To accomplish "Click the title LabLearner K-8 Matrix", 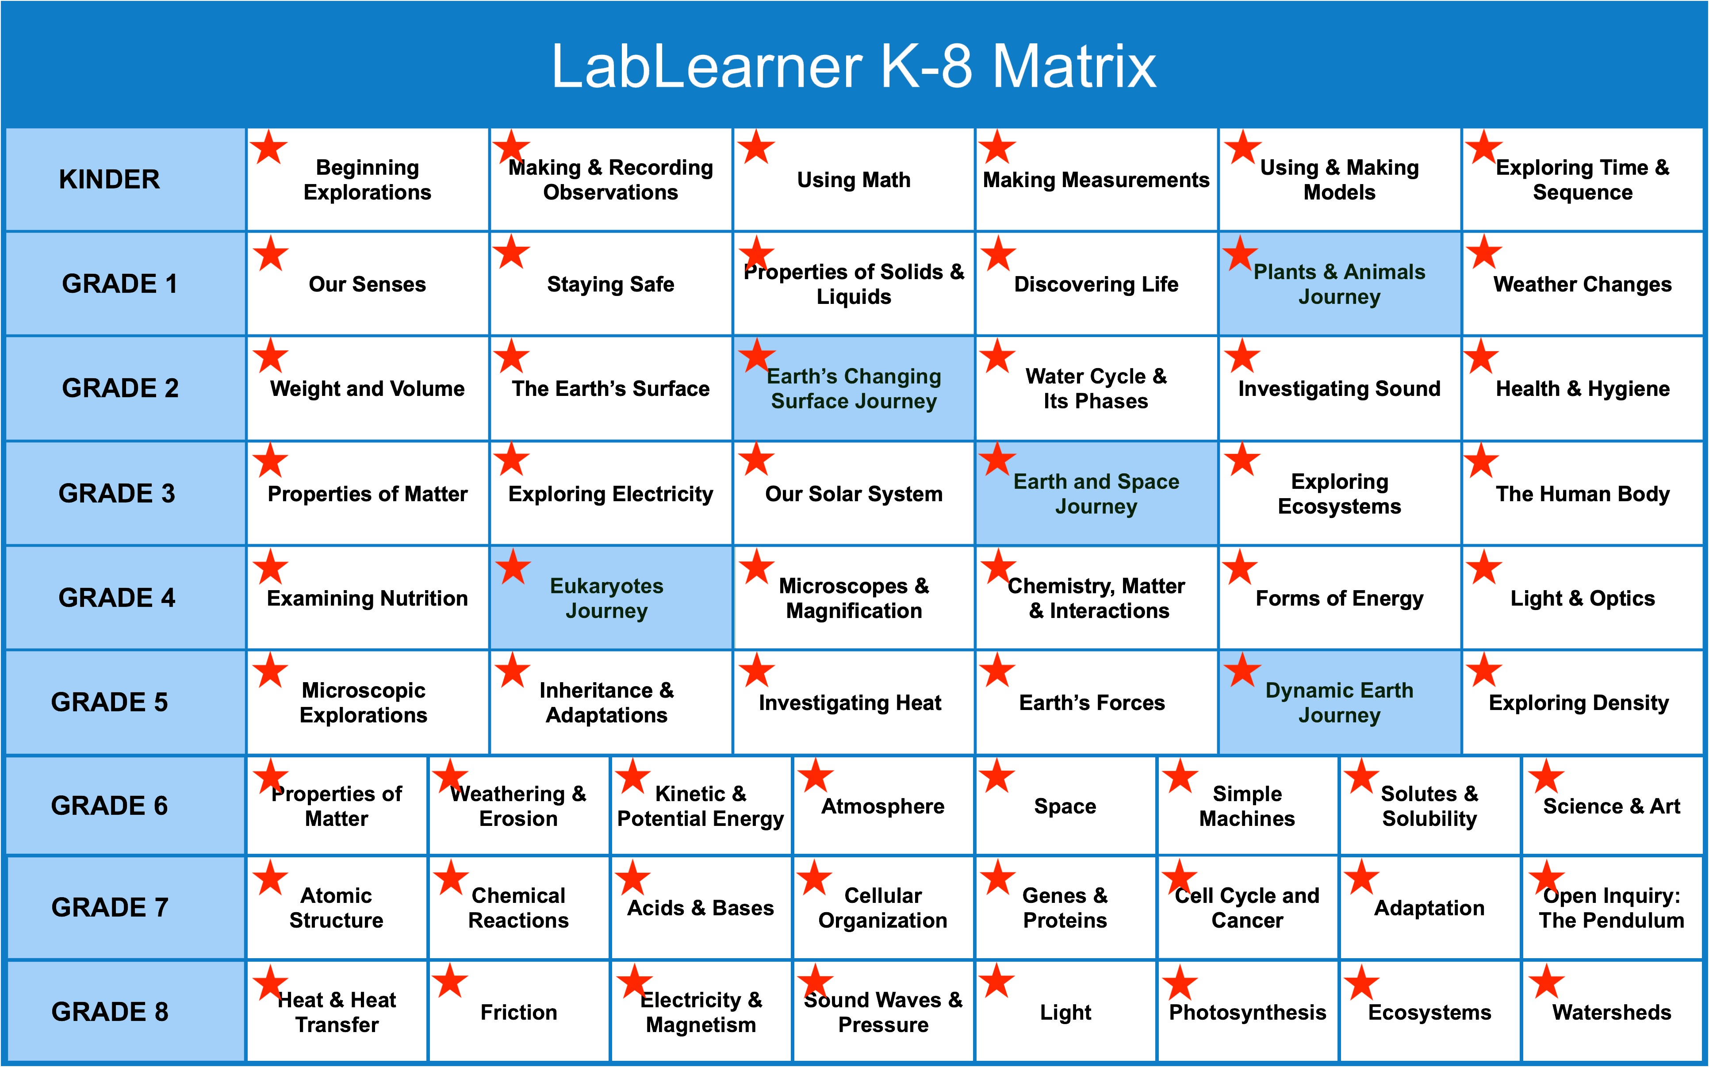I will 854,66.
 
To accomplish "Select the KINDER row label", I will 109,179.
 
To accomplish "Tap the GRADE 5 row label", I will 109,702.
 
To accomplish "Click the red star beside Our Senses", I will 271,253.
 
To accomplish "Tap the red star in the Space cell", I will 996,776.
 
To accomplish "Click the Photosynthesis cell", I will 1247,1013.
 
